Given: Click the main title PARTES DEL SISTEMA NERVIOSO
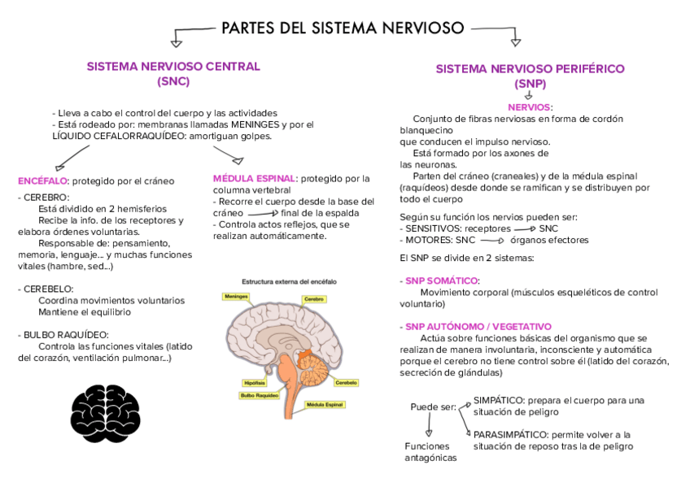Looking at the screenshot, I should (x=343, y=28).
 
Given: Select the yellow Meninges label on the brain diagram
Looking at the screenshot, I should (x=236, y=297).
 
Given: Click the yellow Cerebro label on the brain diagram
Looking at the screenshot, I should (x=315, y=299).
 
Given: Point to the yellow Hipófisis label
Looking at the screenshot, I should (x=255, y=382).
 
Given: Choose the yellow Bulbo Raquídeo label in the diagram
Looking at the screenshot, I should (x=259, y=396).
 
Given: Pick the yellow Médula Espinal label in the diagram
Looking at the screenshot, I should (x=325, y=404).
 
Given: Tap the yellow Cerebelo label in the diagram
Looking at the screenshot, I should (x=347, y=382).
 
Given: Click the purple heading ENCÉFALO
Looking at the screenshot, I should (x=42, y=180).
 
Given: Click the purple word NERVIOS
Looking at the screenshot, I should (x=528, y=107).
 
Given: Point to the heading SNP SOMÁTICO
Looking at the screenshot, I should (x=442, y=280).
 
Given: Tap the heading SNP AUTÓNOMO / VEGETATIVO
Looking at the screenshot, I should (x=477, y=326).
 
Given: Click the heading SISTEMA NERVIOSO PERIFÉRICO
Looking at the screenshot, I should (x=530, y=69).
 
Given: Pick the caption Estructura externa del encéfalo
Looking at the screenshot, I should (x=289, y=281).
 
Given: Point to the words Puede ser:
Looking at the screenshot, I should (x=433, y=407).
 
